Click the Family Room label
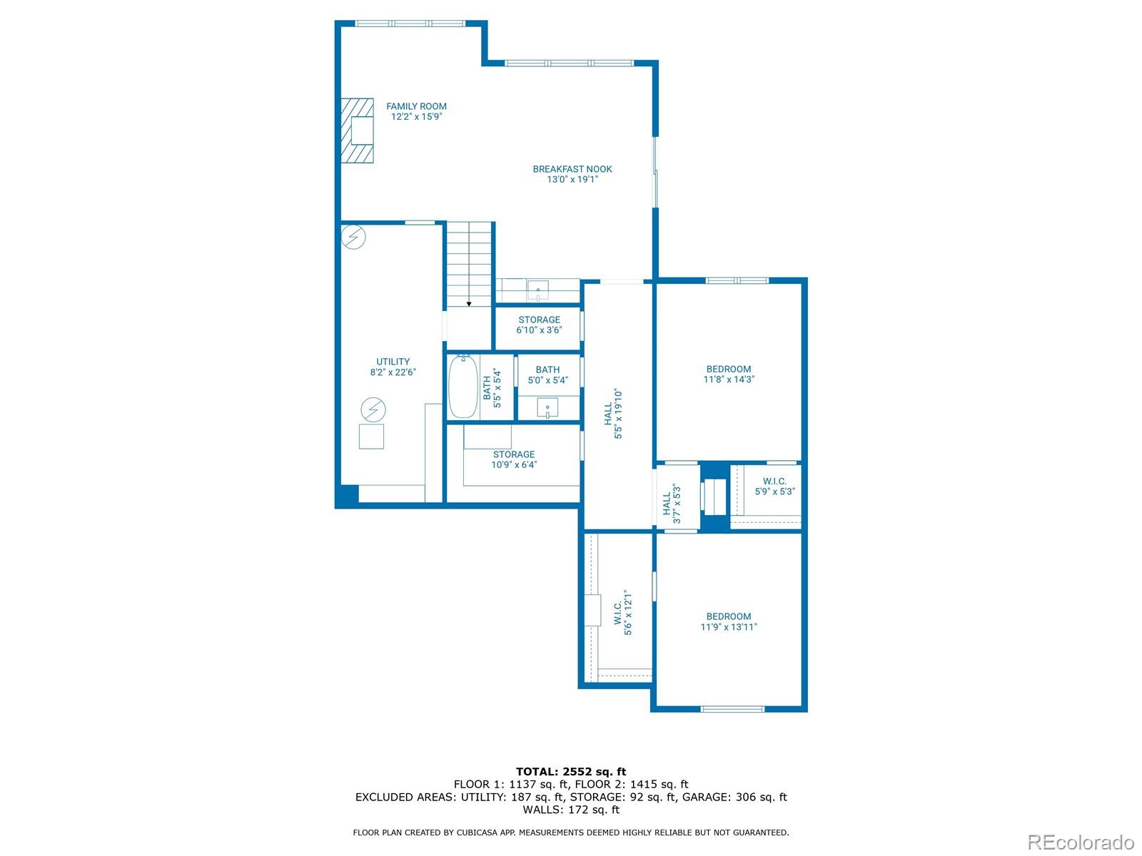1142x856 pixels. [x=416, y=111]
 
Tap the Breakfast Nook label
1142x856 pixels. [x=572, y=174]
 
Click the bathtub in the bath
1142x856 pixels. [x=463, y=387]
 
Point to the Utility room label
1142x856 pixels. [x=393, y=367]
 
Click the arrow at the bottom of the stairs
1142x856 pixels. [x=469, y=303]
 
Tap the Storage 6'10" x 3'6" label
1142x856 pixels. [x=539, y=325]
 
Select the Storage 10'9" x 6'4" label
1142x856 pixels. [x=513, y=459]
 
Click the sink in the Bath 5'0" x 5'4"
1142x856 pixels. [x=547, y=410]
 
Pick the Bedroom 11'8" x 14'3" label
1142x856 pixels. [x=728, y=374]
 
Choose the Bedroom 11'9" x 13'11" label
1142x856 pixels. [x=728, y=621]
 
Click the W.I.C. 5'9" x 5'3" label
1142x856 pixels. [x=774, y=486]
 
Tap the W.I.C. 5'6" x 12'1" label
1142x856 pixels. [x=622, y=612]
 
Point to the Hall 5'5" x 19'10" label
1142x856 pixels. [x=613, y=414]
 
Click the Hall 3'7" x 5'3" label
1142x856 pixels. [x=671, y=504]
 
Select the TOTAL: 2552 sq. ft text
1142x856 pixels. [x=571, y=771]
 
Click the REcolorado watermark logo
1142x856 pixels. [x=1081, y=842]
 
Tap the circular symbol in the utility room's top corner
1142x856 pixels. [x=353, y=236]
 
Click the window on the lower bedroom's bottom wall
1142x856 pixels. [x=732, y=709]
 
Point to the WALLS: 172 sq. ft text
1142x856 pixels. [x=571, y=810]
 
